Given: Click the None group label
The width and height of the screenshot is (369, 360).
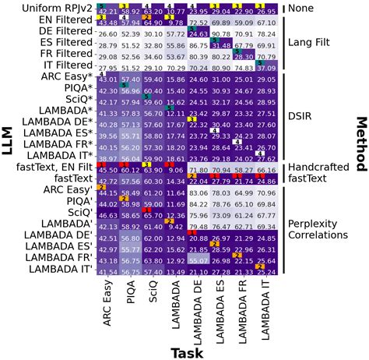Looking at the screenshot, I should tap(308, 9).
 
